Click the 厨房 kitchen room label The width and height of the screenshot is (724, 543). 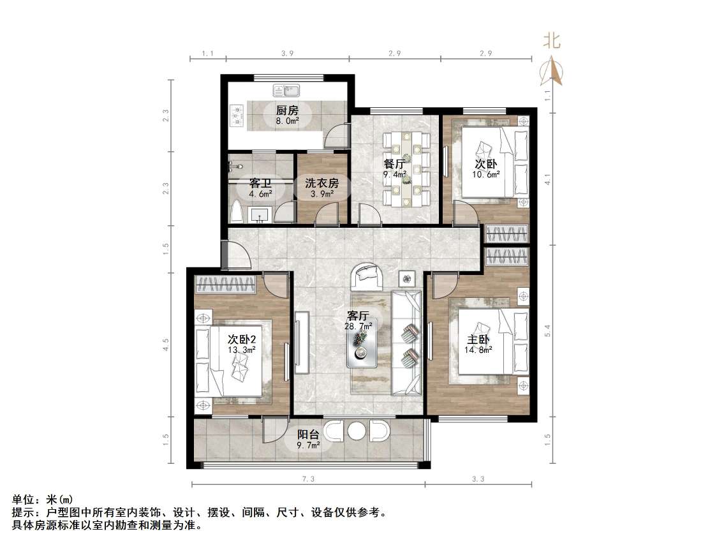[x=287, y=110]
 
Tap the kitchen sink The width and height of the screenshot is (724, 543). [x=286, y=90]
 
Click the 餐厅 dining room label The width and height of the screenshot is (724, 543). [x=395, y=164]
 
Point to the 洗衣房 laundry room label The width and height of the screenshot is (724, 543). [x=322, y=183]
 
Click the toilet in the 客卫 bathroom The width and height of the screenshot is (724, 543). [x=237, y=211]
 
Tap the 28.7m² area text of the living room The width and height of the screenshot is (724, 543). [x=358, y=327]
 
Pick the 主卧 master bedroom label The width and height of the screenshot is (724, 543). [x=478, y=340]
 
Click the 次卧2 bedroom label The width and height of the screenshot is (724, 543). [x=242, y=339]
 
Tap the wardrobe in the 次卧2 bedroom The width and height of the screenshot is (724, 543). [x=225, y=285]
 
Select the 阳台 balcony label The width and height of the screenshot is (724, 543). [x=308, y=435]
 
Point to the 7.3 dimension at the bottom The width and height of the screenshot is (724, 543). [x=309, y=479]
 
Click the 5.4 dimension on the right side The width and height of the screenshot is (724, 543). [x=547, y=330]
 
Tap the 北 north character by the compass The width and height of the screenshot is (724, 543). [x=552, y=40]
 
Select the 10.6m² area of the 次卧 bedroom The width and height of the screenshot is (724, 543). [x=485, y=175]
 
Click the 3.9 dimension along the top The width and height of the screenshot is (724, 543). [x=287, y=54]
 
